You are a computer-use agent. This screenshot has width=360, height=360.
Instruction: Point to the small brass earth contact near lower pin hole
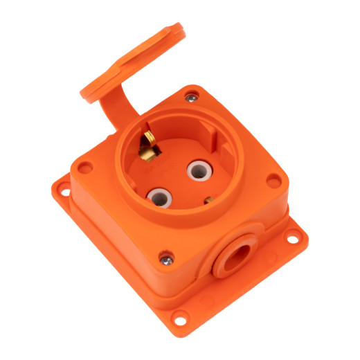208,201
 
